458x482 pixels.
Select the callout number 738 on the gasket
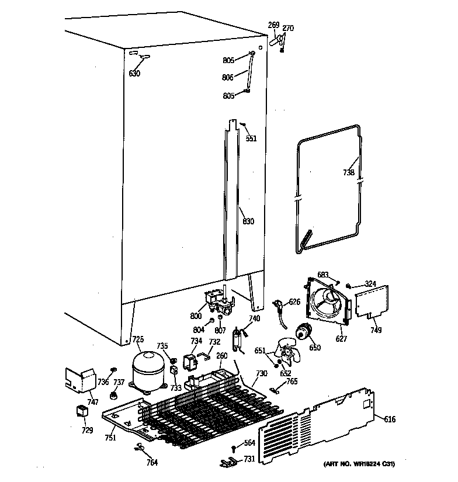(349, 172)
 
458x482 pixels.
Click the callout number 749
(376, 331)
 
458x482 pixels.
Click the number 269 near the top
(273, 25)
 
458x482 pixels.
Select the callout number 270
(288, 28)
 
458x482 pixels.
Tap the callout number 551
(251, 139)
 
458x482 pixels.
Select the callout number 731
(249, 459)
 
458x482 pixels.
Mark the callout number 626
(294, 302)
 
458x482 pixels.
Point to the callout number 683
(323, 274)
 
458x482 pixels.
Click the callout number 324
(370, 284)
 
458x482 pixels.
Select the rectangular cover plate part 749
(371, 301)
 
